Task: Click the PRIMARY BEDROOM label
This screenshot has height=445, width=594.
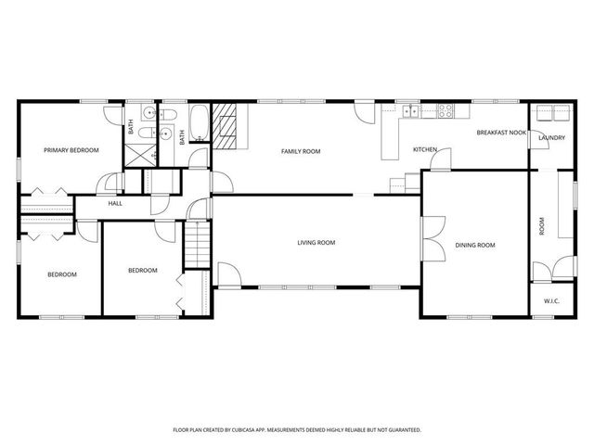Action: (71, 149)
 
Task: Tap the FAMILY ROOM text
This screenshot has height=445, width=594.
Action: (301, 150)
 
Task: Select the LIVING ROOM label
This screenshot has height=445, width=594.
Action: (316, 243)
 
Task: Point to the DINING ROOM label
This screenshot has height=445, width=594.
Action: (474, 245)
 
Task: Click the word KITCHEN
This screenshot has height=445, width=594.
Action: (425, 149)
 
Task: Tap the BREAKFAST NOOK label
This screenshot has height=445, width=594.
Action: (501, 133)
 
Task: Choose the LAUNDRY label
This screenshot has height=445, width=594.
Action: (551, 138)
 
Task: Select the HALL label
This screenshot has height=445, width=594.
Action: (115, 203)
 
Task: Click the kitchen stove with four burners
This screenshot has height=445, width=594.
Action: (445, 111)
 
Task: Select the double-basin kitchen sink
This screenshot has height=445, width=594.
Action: (410, 111)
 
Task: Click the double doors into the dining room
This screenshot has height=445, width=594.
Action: (429, 239)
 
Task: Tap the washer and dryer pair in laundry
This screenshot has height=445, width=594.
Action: (551, 114)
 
